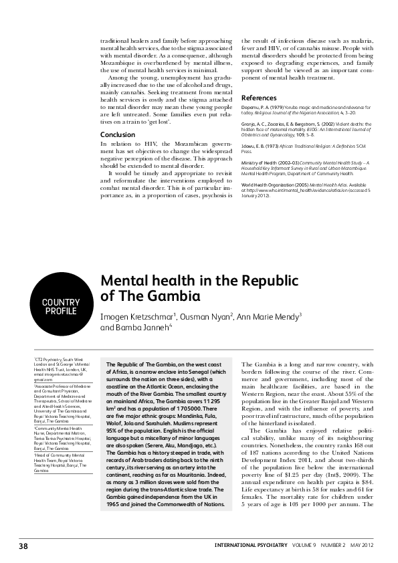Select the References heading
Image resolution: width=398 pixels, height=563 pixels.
pyautogui.click(x=258, y=98)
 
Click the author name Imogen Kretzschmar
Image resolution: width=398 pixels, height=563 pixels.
pyautogui.click(x=137, y=316)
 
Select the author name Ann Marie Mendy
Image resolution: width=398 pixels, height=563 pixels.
pyautogui.click(x=268, y=316)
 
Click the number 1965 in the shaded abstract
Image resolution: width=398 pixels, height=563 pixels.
pyautogui.click(x=114, y=504)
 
